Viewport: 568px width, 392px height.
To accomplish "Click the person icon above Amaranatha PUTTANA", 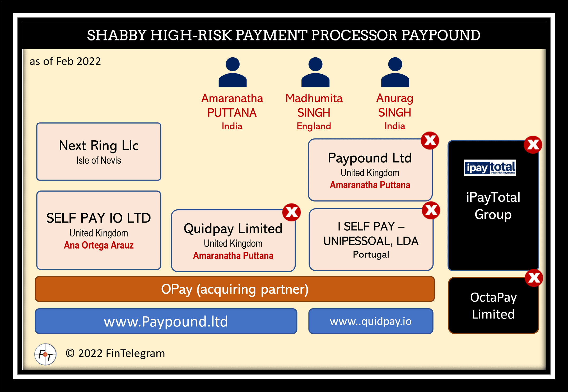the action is [x=232, y=72].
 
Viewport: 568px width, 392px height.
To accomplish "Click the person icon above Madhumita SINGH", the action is [x=315, y=72].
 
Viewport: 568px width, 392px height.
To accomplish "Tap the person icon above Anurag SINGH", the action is [x=395, y=72].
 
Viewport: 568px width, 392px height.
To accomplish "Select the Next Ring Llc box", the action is [x=99, y=151].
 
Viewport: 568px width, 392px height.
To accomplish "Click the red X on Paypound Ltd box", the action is [x=430, y=140].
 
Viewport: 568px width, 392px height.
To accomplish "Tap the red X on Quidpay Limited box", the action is [x=291, y=212].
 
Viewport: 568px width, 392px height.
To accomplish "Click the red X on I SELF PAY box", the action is [x=431, y=210].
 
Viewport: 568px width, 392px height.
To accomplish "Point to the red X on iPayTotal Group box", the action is [x=533, y=145].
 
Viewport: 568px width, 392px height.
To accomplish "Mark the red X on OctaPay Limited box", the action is [x=534, y=278].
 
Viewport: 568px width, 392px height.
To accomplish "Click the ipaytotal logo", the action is [x=490, y=168].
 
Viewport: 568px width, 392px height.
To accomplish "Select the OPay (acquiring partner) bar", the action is [x=235, y=289].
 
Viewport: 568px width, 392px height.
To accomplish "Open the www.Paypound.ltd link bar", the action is [x=166, y=321].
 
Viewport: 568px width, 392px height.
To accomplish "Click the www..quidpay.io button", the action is [x=371, y=321].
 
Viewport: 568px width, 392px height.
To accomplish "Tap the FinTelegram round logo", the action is [x=45, y=354].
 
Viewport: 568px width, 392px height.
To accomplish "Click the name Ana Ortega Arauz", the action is [x=99, y=245].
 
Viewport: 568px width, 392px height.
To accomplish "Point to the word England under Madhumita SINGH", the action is [x=314, y=126].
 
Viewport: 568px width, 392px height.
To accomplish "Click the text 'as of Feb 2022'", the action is [x=65, y=61].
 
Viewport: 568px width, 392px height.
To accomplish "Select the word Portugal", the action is [x=371, y=254].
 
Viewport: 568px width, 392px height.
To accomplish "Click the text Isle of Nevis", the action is [x=99, y=160].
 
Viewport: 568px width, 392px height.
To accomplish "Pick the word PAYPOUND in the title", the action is [x=441, y=35].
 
